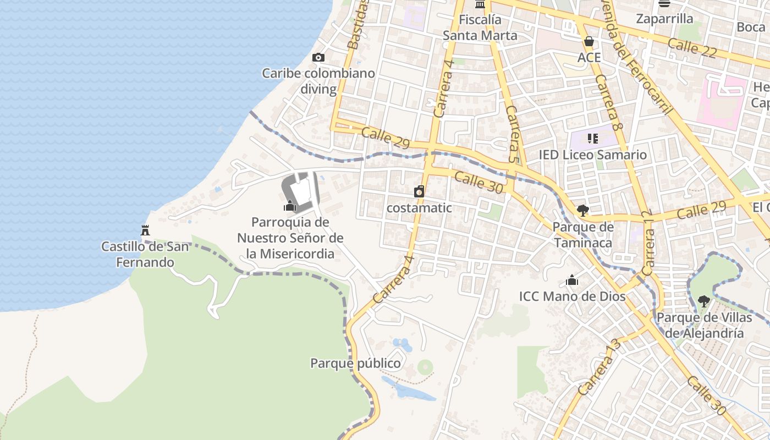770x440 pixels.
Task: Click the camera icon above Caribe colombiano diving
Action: [x=318, y=58]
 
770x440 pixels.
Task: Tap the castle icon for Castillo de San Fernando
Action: [x=145, y=230]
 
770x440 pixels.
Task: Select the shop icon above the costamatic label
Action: [x=419, y=191]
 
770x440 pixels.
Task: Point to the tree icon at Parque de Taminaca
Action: [x=582, y=210]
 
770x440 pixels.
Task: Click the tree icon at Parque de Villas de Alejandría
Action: [x=703, y=301]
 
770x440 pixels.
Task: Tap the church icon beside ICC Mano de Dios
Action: [x=572, y=280]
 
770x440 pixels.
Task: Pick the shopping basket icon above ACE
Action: [x=589, y=41]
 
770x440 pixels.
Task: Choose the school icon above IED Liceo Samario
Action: [x=592, y=138]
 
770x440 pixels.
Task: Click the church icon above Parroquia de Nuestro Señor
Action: [x=290, y=206]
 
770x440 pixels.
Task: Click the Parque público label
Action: [x=355, y=364]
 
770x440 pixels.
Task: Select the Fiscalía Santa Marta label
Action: [x=480, y=28]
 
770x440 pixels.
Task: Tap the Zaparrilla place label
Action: [x=664, y=19]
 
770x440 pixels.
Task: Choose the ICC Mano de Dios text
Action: [x=572, y=296]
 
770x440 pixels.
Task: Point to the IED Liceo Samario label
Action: [x=592, y=155]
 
